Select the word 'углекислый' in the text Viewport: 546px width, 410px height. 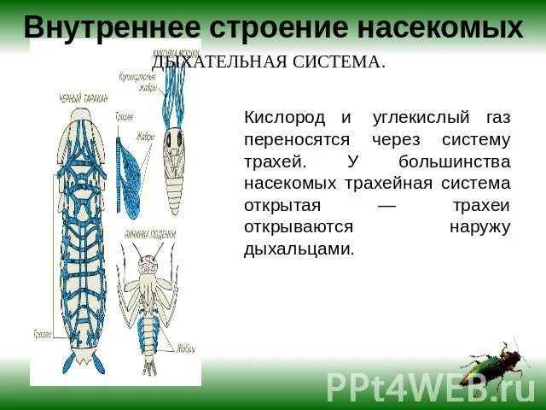(408, 116)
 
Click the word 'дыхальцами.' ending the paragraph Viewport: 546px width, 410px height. (299, 249)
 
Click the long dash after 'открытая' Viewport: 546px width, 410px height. (386, 206)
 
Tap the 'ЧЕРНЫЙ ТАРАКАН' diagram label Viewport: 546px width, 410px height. (84, 99)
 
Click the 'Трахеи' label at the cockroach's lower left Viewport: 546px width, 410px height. (41, 332)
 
